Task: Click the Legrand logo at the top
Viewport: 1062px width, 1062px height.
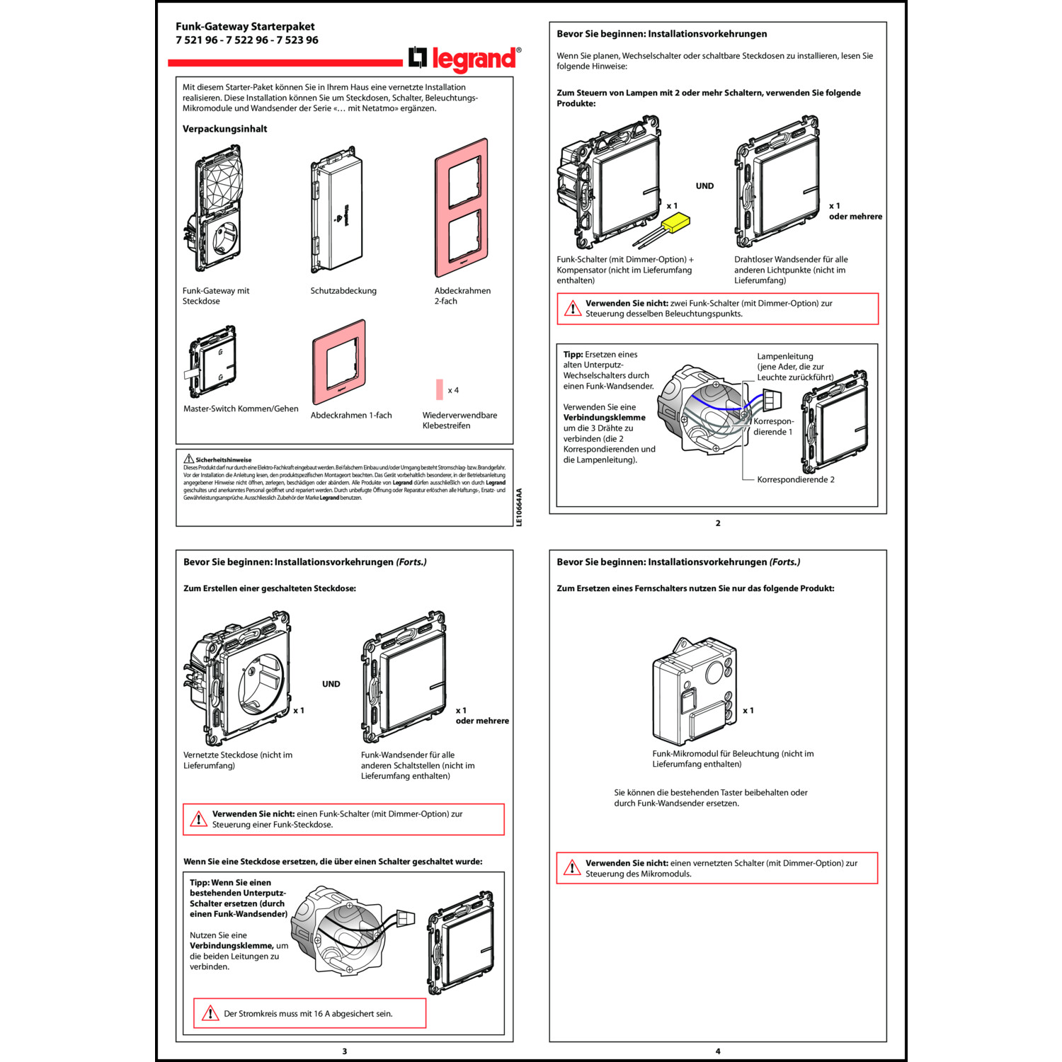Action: pos(465,59)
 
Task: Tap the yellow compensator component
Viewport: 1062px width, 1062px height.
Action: pos(675,224)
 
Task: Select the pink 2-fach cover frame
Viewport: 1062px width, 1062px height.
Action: pos(462,208)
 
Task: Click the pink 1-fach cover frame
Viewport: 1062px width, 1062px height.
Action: pos(339,362)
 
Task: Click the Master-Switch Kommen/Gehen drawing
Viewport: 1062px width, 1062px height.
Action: pos(212,361)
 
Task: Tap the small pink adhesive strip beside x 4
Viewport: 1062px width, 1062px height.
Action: pos(440,389)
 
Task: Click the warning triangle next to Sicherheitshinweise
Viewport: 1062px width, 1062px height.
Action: pos(189,459)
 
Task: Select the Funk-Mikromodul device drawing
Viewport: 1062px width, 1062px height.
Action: pos(695,691)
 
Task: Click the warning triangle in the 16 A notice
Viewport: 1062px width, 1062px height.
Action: pos(210,1013)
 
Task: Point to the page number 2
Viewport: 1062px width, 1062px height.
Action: pos(718,523)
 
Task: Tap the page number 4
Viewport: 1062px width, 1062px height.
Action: pos(718,1051)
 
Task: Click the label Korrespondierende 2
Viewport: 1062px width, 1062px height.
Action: pos(796,479)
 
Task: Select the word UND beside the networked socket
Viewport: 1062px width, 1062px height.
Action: pos(331,684)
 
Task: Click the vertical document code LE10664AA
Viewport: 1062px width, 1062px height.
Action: pos(519,507)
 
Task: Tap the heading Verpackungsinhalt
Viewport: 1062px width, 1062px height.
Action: pos(225,129)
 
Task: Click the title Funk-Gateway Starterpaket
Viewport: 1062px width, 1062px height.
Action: pos(246,26)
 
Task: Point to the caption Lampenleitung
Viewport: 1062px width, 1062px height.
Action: pos(785,356)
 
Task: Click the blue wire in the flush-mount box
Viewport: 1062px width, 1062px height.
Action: pos(715,406)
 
